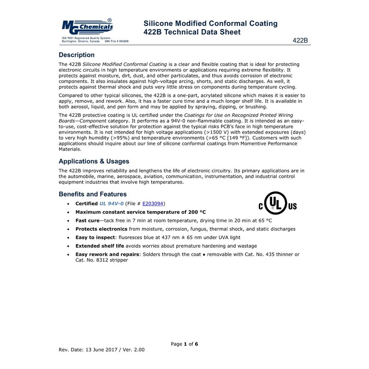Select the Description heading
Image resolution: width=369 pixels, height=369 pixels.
77,55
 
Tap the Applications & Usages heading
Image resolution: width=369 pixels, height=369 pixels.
94,161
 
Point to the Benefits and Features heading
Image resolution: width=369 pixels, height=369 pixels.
93,194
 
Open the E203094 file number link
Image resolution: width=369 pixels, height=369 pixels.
153,203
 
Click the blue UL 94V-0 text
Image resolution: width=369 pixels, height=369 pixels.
112,203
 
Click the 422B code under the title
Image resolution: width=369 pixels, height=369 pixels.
300,40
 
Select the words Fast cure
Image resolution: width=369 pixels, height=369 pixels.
87,221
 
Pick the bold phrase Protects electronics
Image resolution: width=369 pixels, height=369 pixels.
101,229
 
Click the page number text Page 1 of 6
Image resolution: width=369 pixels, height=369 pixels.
184,344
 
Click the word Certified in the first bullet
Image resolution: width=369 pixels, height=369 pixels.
87,203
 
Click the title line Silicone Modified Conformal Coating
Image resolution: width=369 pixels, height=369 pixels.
210,24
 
